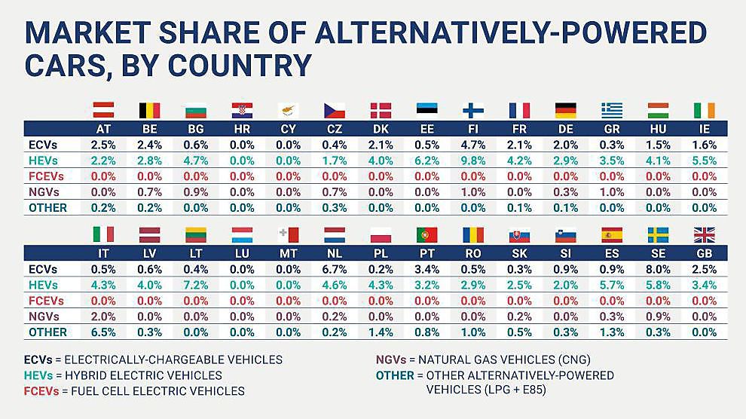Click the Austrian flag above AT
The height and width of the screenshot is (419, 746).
(102, 111)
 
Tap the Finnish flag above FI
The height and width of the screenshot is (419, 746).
(472, 111)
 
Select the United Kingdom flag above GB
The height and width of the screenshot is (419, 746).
(704, 234)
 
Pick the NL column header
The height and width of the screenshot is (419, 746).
(334, 254)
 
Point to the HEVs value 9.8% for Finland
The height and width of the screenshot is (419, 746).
(472, 160)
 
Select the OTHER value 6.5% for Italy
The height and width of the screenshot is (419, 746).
(102, 332)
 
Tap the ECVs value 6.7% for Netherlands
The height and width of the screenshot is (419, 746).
(334, 269)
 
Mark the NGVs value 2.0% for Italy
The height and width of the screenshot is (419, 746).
(102, 316)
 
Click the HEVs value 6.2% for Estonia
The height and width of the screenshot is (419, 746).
(427, 160)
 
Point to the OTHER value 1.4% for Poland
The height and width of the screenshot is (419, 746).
(381, 332)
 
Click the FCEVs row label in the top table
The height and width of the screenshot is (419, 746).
(44, 176)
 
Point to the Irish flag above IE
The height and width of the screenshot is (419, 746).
(704, 111)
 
